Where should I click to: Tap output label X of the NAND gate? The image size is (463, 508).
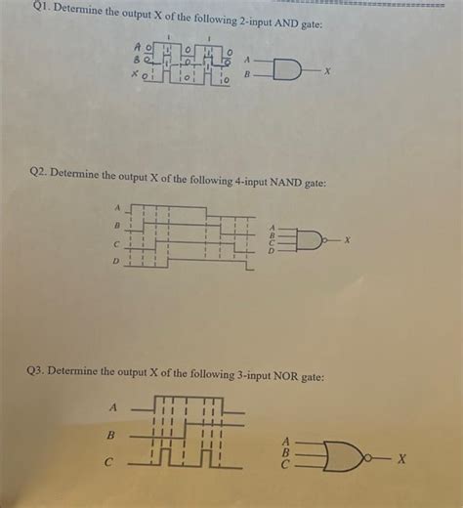[x=347, y=239]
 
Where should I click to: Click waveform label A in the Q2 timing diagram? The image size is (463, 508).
[x=118, y=207]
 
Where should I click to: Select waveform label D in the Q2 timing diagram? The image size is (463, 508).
[x=116, y=262]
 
